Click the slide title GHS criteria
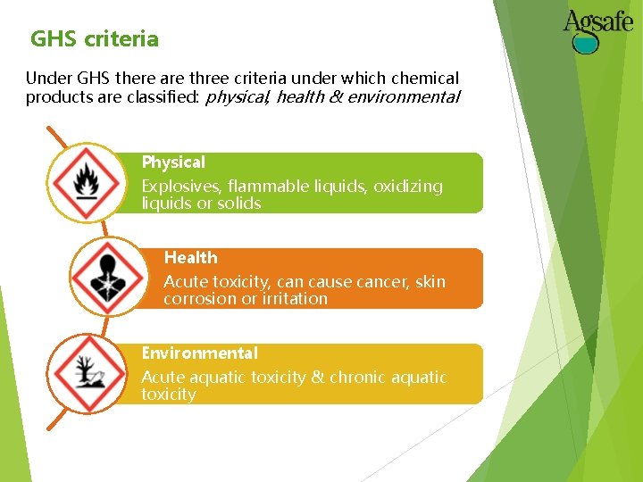click(94, 39)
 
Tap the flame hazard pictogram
click(86, 182)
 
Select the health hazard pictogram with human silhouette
click(108, 278)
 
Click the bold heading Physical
click(173, 162)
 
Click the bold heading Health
click(190, 258)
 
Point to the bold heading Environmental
click(199, 353)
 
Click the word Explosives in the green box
click(181, 187)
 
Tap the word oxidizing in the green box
click(407, 187)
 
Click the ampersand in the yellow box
click(318, 378)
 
